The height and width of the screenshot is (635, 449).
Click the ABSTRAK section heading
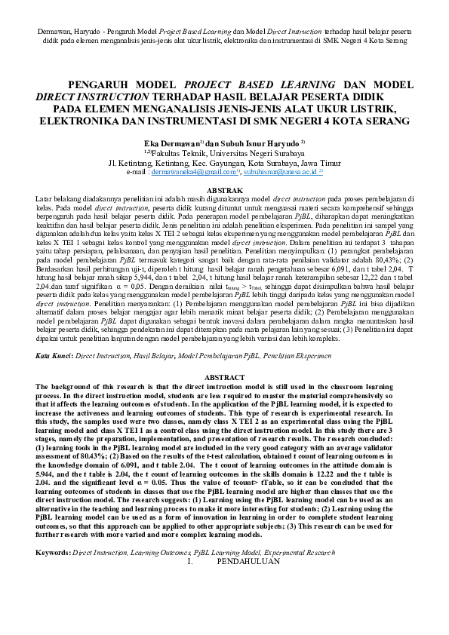[x=224, y=190]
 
